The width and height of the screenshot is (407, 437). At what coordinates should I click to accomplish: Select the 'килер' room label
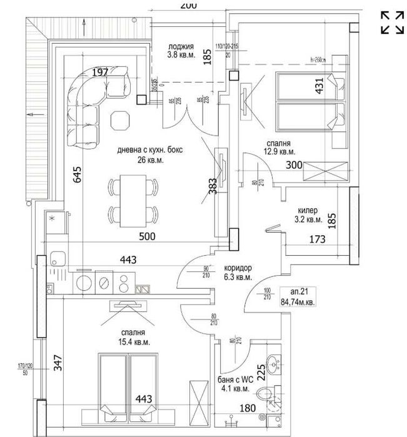tap(308, 211)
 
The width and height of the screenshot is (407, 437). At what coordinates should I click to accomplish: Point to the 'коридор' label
tap(238, 268)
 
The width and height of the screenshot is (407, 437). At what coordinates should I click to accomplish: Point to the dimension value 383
tap(213, 186)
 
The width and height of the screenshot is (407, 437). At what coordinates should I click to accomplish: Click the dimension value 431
tap(319, 85)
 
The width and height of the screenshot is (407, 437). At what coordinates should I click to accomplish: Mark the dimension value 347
tap(58, 364)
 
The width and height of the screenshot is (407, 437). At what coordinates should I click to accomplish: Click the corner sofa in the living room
tap(91, 103)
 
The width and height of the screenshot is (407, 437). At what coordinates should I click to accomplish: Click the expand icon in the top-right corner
tap(392, 22)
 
